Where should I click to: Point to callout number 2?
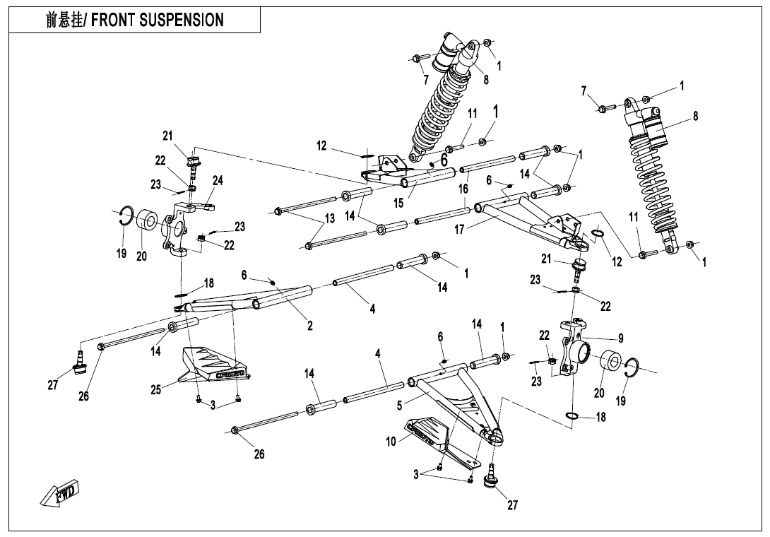click(x=309, y=325)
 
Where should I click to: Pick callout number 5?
click(x=399, y=406)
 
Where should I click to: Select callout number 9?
click(x=621, y=338)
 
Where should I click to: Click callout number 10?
click(x=392, y=442)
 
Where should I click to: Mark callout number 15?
click(x=398, y=203)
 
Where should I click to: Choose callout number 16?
click(x=463, y=189)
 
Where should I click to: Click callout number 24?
click(x=218, y=181)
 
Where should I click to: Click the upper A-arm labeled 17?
click(x=530, y=219)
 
